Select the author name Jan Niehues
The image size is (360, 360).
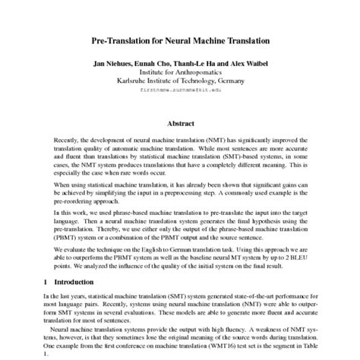click(x=115, y=62)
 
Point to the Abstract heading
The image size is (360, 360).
click(x=180, y=123)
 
